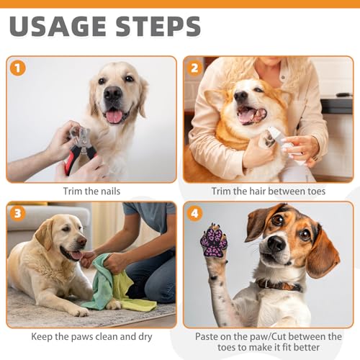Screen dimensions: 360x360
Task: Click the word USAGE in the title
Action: click(58, 26)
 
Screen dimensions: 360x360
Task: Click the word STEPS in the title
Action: click(158, 26)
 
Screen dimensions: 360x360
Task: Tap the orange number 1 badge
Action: click(18, 68)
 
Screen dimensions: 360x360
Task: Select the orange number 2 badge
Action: click(194, 68)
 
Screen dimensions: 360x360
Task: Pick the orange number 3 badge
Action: click(18, 213)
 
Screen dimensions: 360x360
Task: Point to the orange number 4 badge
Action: click(194, 213)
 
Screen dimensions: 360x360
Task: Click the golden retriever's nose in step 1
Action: click(112, 93)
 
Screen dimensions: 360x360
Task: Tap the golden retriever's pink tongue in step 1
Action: click(114, 117)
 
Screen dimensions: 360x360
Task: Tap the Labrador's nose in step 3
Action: click(82, 240)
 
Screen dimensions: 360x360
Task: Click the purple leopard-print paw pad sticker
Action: click(214, 241)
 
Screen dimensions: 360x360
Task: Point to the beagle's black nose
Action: click(276, 243)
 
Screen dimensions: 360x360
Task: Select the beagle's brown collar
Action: click(279, 285)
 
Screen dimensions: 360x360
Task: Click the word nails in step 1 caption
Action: click(110, 192)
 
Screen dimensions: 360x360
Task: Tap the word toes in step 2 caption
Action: click(317, 192)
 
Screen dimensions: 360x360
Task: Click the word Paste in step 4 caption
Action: click(207, 336)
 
